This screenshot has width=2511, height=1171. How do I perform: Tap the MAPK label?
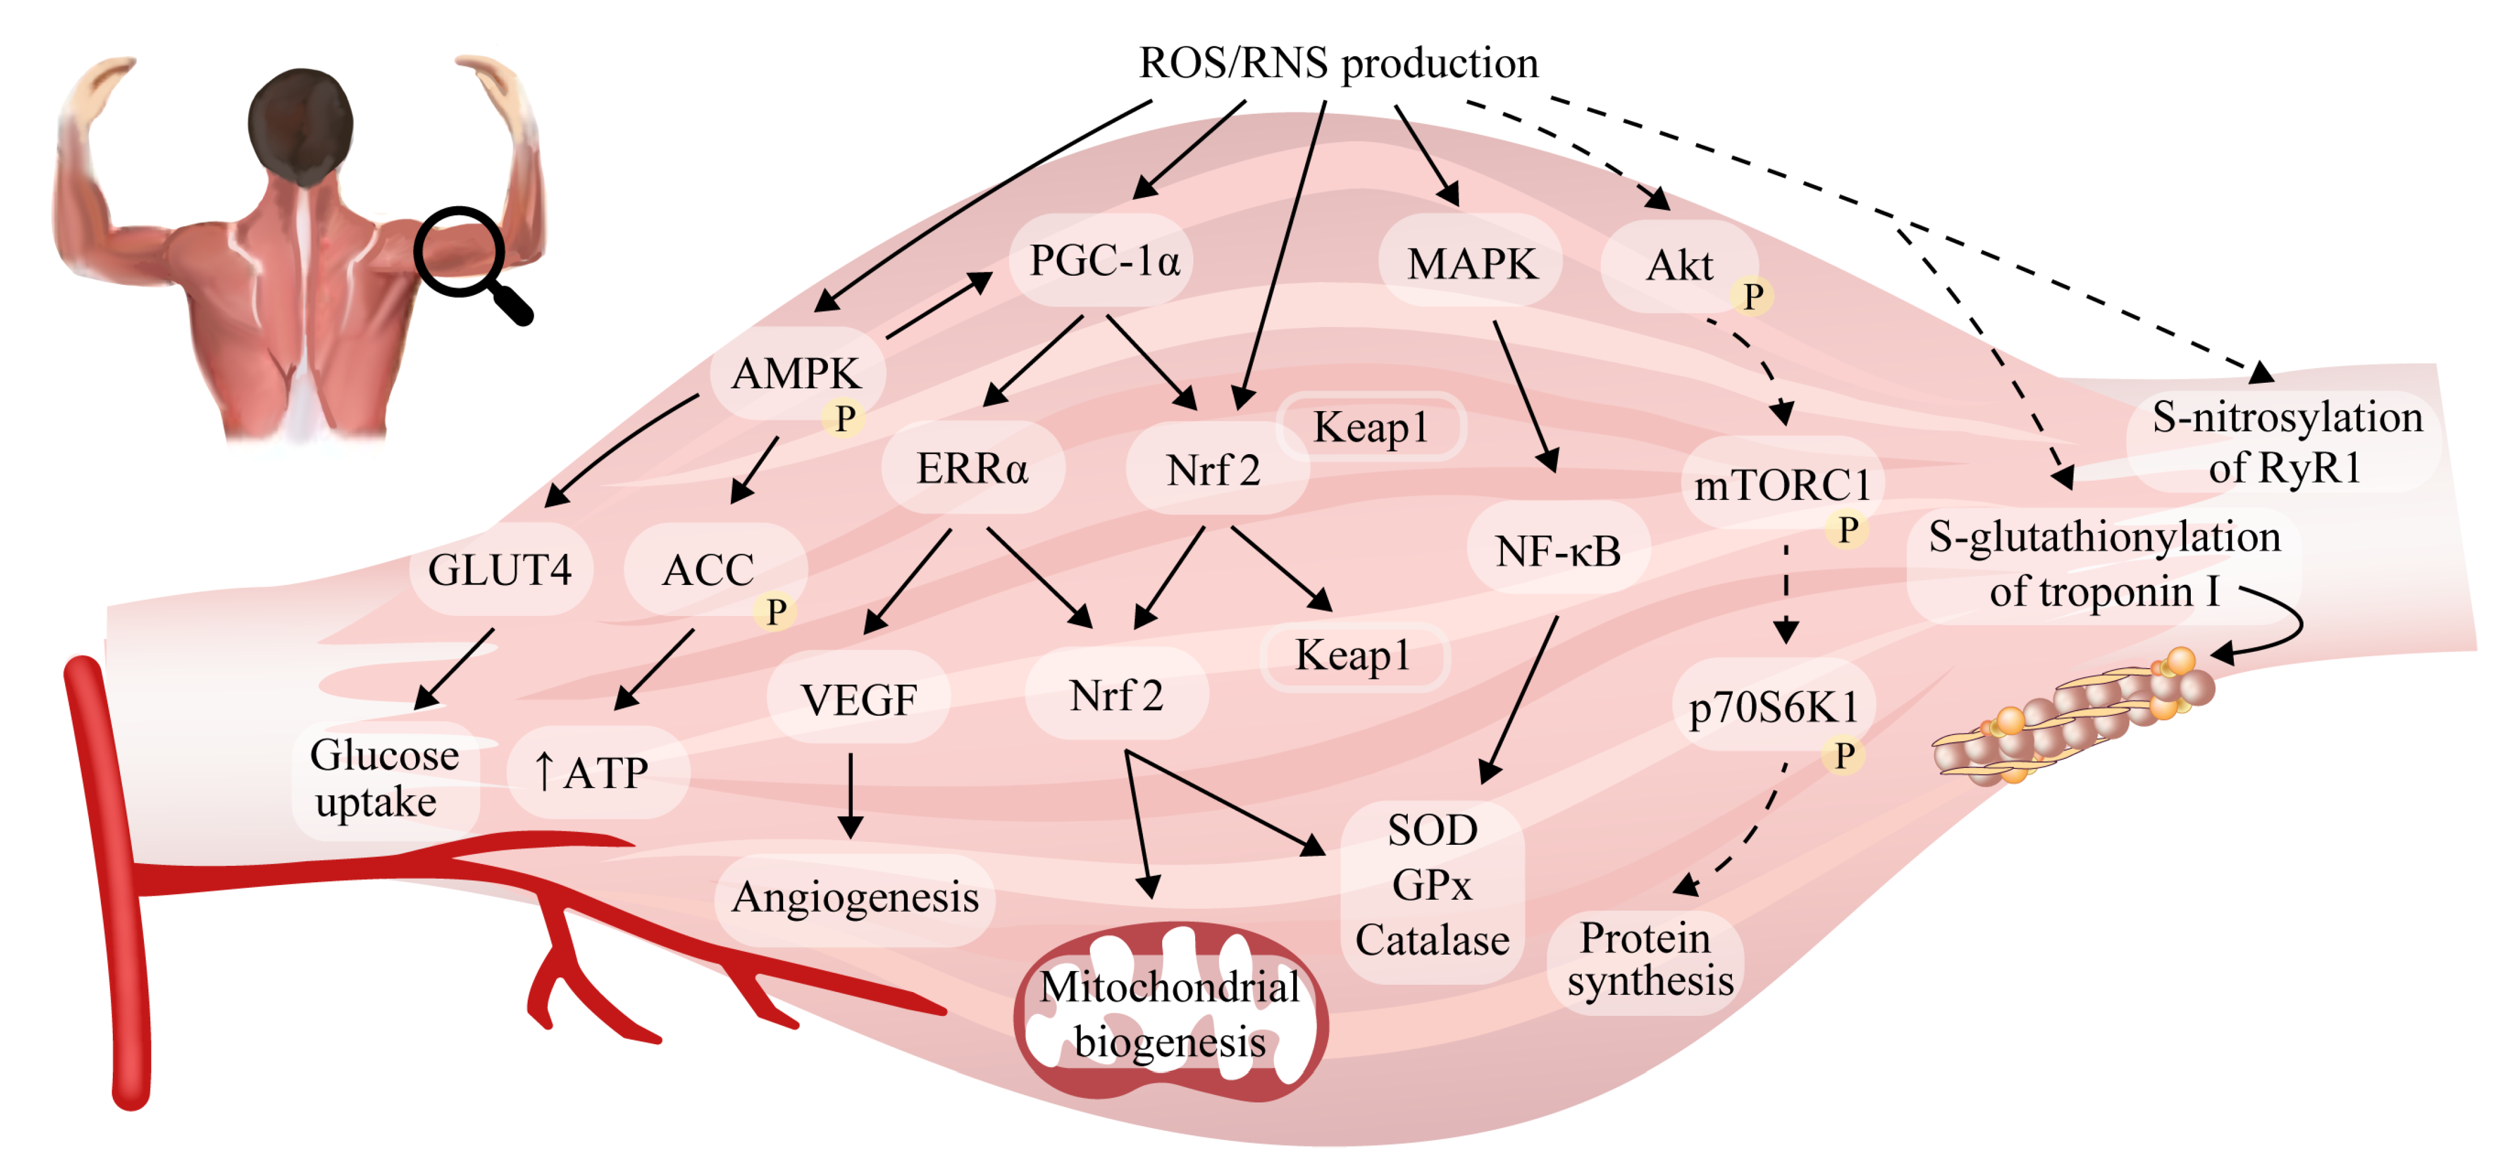click(1471, 264)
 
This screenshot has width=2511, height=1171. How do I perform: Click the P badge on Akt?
click(1752, 296)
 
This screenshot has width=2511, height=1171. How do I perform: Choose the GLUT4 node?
click(499, 570)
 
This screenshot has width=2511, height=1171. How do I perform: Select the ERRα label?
click(972, 469)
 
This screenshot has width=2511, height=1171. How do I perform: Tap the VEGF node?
click(858, 699)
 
